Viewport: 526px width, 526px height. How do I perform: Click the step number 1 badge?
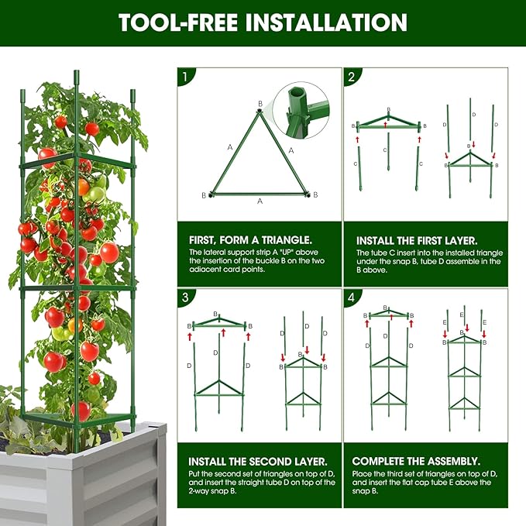tap(185, 77)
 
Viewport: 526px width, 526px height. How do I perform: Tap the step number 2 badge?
tap(351, 77)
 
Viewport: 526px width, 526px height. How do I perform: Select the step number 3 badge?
tap(185, 297)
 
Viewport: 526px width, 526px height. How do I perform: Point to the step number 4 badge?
tap(351, 297)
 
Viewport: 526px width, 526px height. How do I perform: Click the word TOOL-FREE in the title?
tap(178, 22)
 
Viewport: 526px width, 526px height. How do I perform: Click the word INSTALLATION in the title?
tap(326, 22)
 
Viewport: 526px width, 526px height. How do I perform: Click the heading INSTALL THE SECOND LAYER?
tap(253, 460)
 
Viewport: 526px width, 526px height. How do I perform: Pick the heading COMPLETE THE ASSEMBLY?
tap(416, 460)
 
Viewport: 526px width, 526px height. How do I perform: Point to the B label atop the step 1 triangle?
tap(260, 103)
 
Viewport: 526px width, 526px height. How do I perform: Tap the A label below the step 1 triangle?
tap(260, 201)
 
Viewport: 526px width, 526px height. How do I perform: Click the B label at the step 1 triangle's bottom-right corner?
tap(315, 194)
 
